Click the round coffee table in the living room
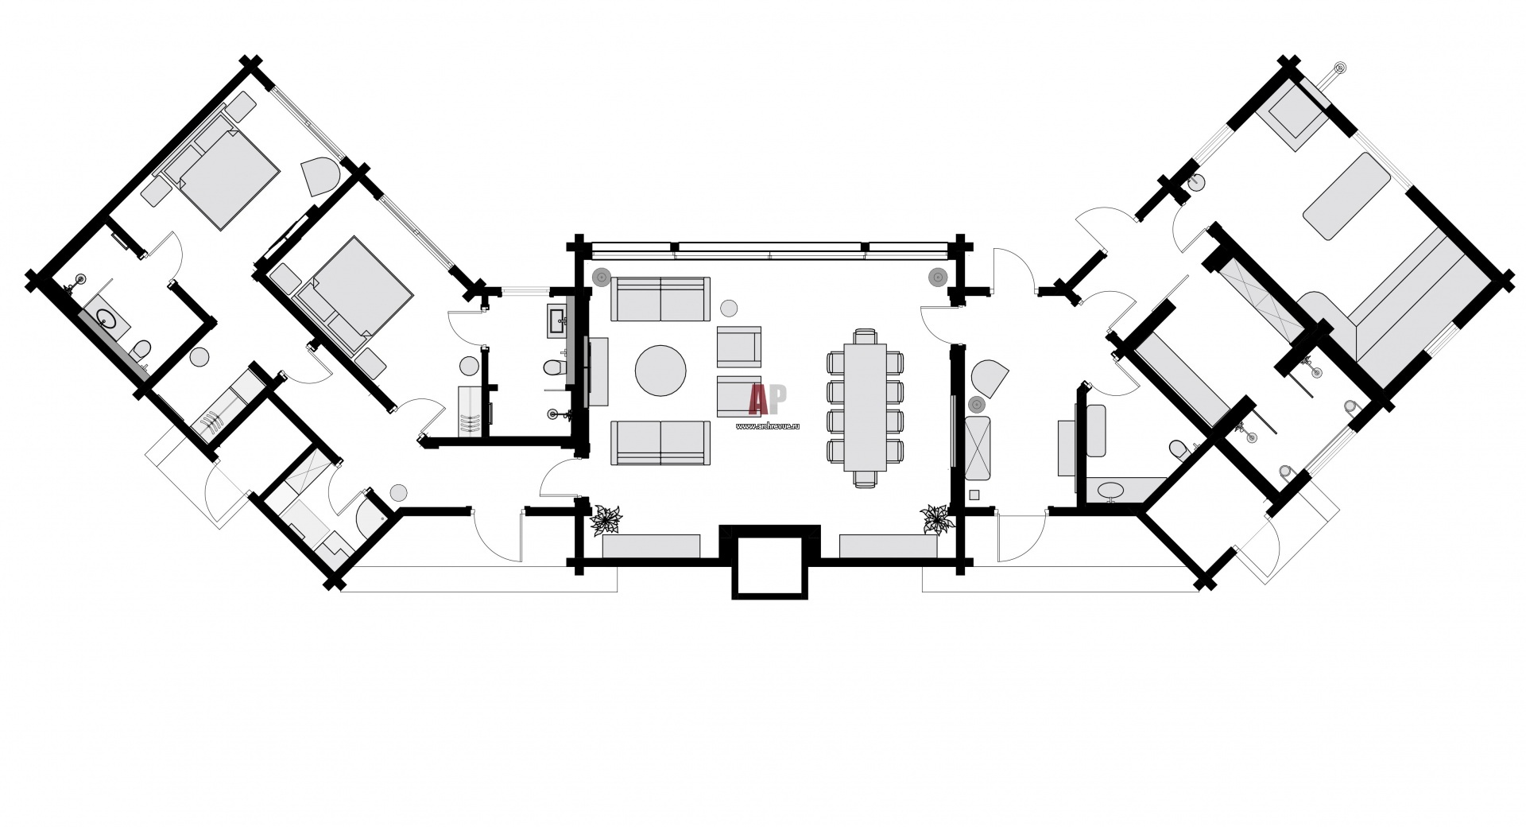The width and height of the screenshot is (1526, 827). point(660,370)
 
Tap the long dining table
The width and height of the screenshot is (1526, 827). point(866,406)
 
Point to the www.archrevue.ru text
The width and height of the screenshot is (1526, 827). point(768,426)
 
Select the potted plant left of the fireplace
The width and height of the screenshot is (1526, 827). point(608,520)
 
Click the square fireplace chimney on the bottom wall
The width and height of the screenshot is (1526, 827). point(768,566)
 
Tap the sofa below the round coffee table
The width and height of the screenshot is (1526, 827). point(660,443)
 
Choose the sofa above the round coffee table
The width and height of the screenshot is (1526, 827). point(660,299)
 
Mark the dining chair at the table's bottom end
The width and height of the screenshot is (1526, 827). point(866,477)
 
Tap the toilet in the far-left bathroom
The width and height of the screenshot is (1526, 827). point(141,350)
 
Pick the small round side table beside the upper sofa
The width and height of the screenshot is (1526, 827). point(728,307)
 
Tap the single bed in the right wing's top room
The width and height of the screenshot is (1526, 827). point(1346,196)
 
